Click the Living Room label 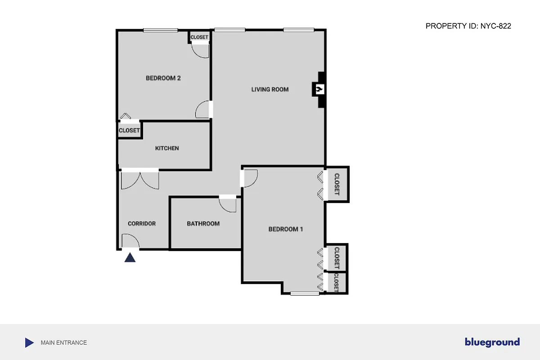pyautogui.click(x=270, y=90)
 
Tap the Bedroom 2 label pyautogui.click(x=163, y=78)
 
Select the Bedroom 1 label pyautogui.click(x=285, y=229)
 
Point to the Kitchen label pyautogui.click(x=167, y=148)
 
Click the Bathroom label pyautogui.click(x=203, y=224)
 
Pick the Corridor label pyautogui.click(x=141, y=224)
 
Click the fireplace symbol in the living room pyautogui.click(x=319, y=90)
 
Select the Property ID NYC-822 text pyautogui.click(x=468, y=27)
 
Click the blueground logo pyautogui.click(x=492, y=342)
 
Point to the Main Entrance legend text pyautogui.click(x=63, y=342)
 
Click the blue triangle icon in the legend pyautogui.click(x=29, y=342)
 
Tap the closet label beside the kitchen pyautogui.click(x=129, y=130)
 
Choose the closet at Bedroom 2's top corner pyautogui.click(x=199, y=37)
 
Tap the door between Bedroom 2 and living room pyautogui.click(x=203, y=109)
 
